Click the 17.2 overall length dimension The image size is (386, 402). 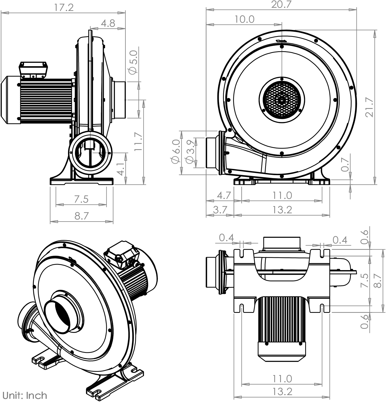coord(64,7)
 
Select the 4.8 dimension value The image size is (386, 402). coord(108,23)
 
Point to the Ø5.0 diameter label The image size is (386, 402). coord(133,62)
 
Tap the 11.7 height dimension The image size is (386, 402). coord(138,141)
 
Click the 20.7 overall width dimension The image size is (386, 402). coord(281,4)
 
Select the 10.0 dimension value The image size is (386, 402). coord(245,19)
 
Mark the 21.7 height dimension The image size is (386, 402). coord(369,107)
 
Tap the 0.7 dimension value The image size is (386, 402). coord(345,165)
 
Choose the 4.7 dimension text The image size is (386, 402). coord(224,195)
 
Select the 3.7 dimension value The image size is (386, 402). coord(220,210)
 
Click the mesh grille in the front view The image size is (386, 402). coord(282,100)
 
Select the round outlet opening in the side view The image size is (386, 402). coord(90,153)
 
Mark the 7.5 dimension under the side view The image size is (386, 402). coord(81,199)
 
